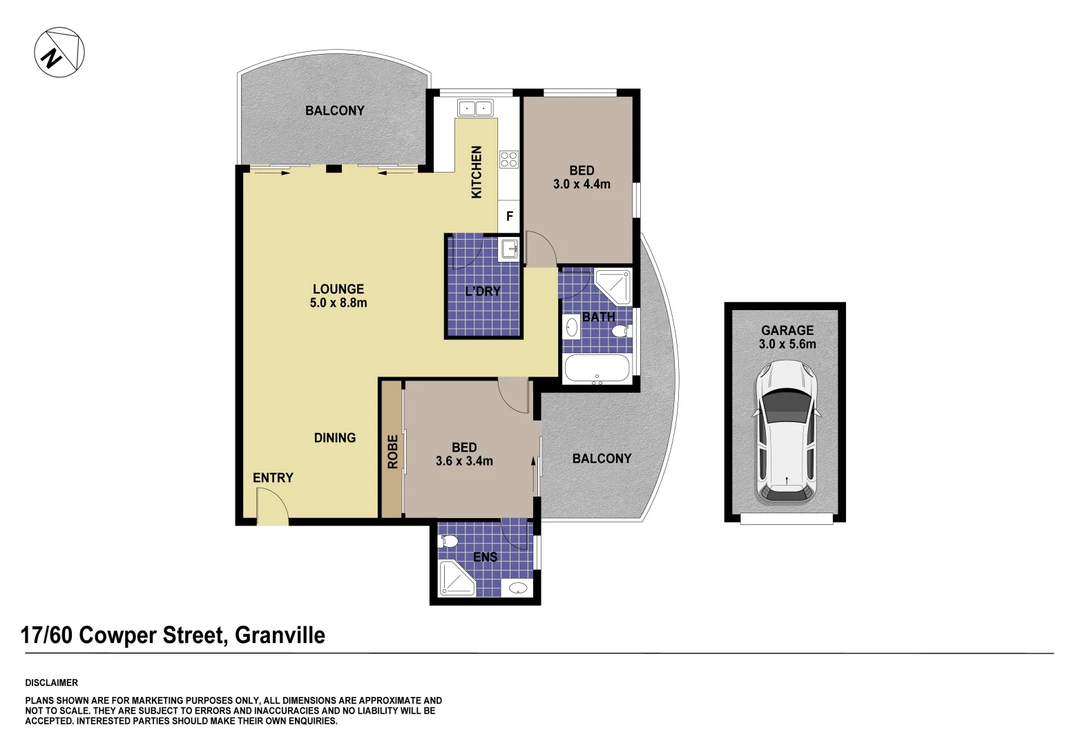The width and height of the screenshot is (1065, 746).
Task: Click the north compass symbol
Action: pyautogui.click(x=59, y=52)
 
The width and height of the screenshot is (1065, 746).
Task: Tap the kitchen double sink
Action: pyautogui.click(x=475, y=108)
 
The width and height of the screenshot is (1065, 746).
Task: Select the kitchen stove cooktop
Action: pyautogui.click(x=509, y=159)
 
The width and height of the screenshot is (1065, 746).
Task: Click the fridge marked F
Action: pyautogui.click(x=509, y=216)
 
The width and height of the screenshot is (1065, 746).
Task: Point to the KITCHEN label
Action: pyautogui.click(x=477, y=172)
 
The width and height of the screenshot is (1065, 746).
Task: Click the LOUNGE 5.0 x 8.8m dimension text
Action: pyautogui.click(x=338, y=303)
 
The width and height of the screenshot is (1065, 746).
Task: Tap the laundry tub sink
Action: pyautogui.click(x=509, y=248)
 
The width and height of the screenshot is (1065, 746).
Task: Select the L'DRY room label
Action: pyautogui.click(x=483, y=291)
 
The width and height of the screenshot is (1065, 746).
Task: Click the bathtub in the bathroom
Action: pyautogui.click(x=597, y=368)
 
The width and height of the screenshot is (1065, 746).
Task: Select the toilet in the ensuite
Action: pyautogui.click(x=448, y=541)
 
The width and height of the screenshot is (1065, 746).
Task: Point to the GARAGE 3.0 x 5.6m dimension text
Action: pyautogui.click(x=787, y=344)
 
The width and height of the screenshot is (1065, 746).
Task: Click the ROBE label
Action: pyautogui.click(x=392, y=452)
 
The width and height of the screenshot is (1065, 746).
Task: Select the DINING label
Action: pyautogui.click(x=335, y=438)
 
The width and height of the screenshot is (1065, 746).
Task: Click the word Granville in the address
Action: pyautogui.click(x=280, y=635)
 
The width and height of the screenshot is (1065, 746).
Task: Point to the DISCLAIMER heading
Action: pyautogui.click(x=52, y=682)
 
